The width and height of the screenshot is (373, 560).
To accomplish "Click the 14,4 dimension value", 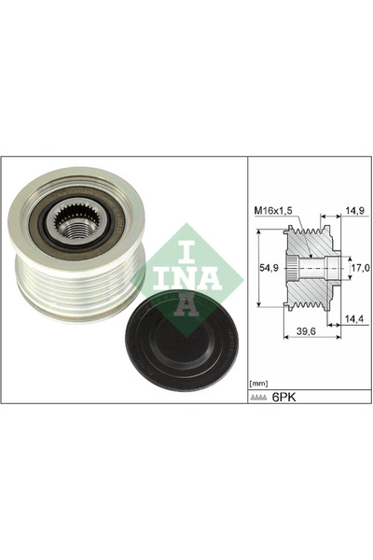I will pyautogui.click(x=355, y=317).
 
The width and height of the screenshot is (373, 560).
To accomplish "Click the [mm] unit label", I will pyautogui.click(x=257, y=383).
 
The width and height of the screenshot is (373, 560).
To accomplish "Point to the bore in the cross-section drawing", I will pyautogui.click(x=322, y=269).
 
